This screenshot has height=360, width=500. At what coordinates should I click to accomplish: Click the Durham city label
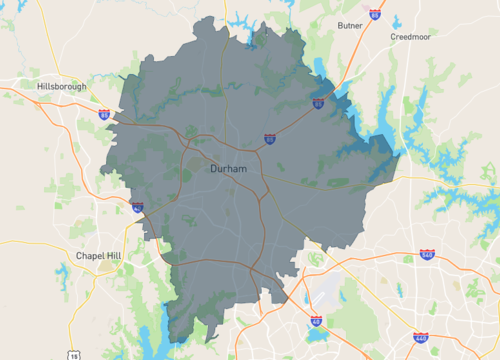(228, 170)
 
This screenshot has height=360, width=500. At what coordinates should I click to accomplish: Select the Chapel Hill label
(98, 256)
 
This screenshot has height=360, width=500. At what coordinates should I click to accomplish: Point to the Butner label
(350, 25)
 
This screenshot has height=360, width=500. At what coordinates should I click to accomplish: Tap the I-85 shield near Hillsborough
(105, 115)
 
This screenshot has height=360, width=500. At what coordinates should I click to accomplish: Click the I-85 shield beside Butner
(374, 15)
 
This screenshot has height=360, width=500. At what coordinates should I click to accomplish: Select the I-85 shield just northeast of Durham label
(270, 140)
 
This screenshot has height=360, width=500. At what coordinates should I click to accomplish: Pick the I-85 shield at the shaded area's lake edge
(318, 102)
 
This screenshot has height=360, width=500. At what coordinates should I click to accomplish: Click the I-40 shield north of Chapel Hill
(137, 207)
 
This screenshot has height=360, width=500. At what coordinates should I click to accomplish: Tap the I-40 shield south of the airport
(316, 321)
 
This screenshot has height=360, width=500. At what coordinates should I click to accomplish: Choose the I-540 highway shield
(427, 256)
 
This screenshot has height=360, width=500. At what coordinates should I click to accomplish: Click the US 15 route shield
(75, 355)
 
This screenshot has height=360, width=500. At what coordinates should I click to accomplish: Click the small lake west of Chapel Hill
(62, 274)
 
